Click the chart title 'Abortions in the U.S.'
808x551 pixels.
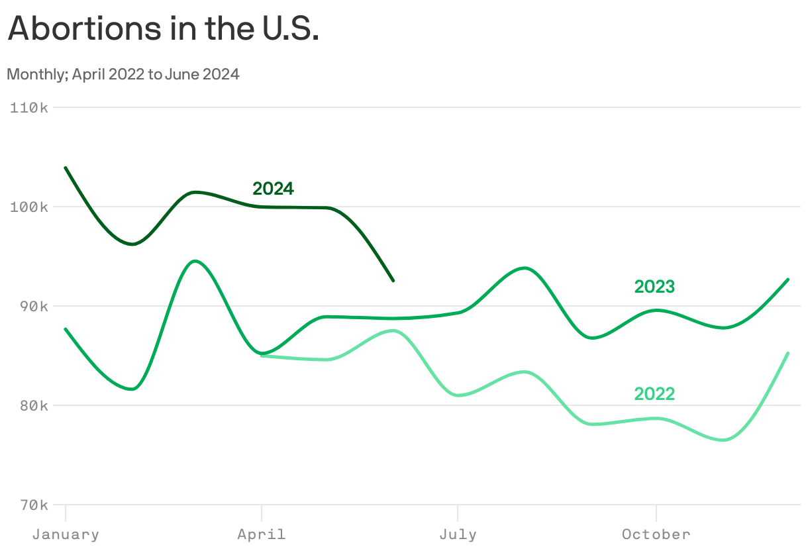[x=164, y=29]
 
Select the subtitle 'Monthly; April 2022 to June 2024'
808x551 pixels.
[x=123, y=74]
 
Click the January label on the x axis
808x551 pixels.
[x=66, y=534]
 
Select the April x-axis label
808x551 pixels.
[x=262, y=534]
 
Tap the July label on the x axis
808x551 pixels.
[x=458, y=534]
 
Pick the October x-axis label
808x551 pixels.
[x=656, y=534]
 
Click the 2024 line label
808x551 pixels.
[x=273, y=189]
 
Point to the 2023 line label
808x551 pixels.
[x=654, y=287]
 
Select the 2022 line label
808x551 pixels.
[x=654, y=394]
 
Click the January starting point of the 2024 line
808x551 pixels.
[x=66, y=168]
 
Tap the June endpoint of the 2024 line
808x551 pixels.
[x=393, y=281]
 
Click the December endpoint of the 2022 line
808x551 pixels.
[x=788, y=353]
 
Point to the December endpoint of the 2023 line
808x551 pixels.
[x=788, y=279]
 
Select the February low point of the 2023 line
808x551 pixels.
[x=132, y=389]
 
